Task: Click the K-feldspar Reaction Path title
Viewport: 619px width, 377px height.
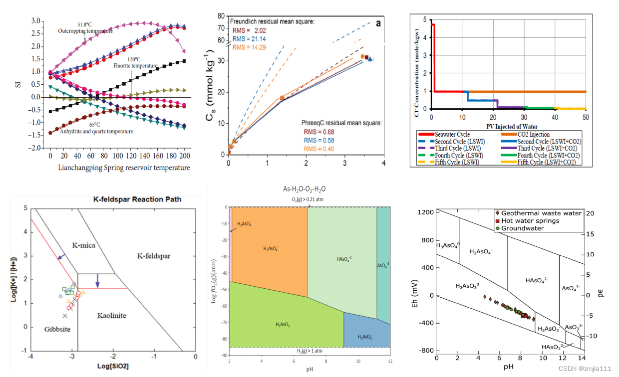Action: pyautogui.click(x=138, y=199)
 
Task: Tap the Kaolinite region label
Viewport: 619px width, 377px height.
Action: pyautogui.click(x=111, y=316)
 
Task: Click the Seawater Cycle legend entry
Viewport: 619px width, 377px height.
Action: pyautogui.click(x=452, y=135)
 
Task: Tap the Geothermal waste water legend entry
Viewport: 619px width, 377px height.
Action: pyautogui.click(x=537, y=213)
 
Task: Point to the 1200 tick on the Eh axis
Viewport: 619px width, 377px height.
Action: pyautogui.click(x=426, y=212)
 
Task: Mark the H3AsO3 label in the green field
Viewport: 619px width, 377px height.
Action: pyautogui.click(x=283, y=325)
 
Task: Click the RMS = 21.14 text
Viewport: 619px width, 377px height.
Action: pyautogui.click(x=249, y=39)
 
